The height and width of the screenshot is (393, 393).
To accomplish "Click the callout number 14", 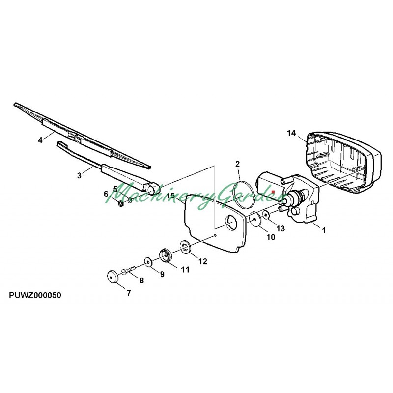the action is tap(291, 133).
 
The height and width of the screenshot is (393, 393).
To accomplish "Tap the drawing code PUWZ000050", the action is tap(35, 295).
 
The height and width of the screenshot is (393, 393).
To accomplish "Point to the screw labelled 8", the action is tap(128, 270).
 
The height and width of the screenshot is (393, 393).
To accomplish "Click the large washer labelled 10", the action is tap(255, 220).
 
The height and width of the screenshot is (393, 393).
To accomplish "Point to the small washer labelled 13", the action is tap(266, 215).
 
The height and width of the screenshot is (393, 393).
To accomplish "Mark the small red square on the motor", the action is tap(273, 192).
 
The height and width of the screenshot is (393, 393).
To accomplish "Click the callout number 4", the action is tap(40, 140).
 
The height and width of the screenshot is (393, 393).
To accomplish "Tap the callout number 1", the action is tap(324, 230).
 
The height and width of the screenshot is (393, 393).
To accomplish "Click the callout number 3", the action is tap(79, 175).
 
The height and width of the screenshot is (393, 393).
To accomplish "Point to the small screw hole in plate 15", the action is tap(215, 235).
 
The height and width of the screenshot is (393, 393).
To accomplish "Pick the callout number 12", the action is tap(203, 261).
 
